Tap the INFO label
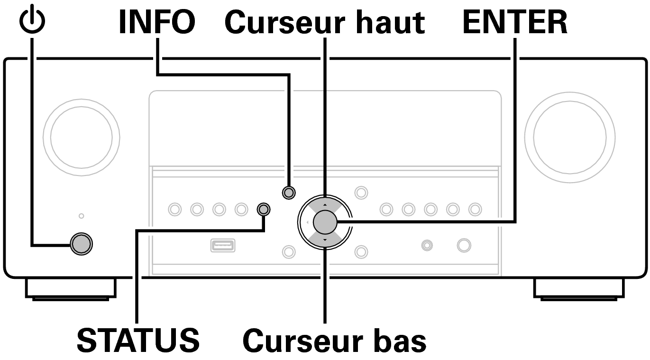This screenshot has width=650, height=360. point(157,22)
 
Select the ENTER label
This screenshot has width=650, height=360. point(515,22)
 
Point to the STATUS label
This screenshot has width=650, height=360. point(138,340)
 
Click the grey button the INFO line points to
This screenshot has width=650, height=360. point(289,193)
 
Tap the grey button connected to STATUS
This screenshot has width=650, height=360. point(264,209)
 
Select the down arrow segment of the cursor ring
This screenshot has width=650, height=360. point(325,240)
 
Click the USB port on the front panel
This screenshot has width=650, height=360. point(223,246)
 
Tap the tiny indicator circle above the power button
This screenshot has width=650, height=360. point(82,216)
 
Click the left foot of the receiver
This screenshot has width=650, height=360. point(71,289)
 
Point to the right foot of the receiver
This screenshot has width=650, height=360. point(579,289)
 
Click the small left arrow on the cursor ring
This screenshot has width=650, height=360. point(307,222)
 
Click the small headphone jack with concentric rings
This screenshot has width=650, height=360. point(427,246)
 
